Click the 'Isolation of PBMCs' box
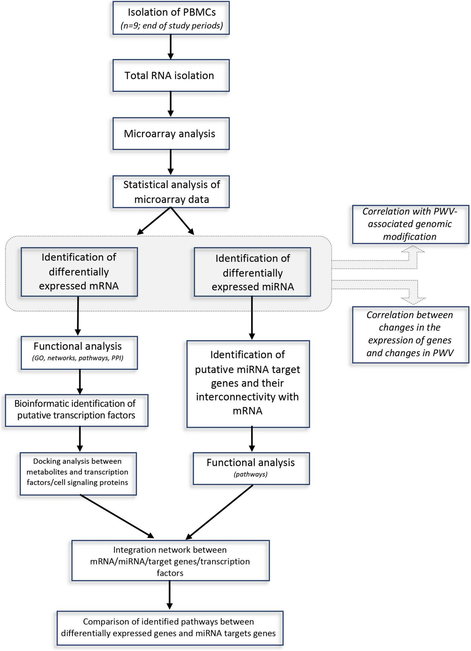pyautogui.click(x=171, y=18)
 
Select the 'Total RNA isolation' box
pyautogui.click(x=171, y=75)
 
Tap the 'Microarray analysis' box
pyautogui.click(x=171, y=134)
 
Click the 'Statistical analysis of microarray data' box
pyautogui.click(x=171, y=192)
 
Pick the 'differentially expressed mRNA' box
pyautogui.click(x=79, y=272)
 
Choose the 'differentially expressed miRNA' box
pyautogui.click(x=252, y=272)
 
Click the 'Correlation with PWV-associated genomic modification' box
pyautogui.click(x=410, y=224)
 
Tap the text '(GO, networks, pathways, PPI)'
pyautogui.click(x=77, y=358)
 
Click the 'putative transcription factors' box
pyautogui.click(x=76, y=410)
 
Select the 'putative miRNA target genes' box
pyautogui.click(x=248, y=383)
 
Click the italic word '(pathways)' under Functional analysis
pyautogui.click(x=251, y=474)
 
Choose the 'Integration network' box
pyautogui.click(x=170, y=561)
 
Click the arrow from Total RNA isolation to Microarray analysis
pyautogui.click(x=170, y=104)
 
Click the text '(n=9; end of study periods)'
pyautogui.click(x=172, y=26)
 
